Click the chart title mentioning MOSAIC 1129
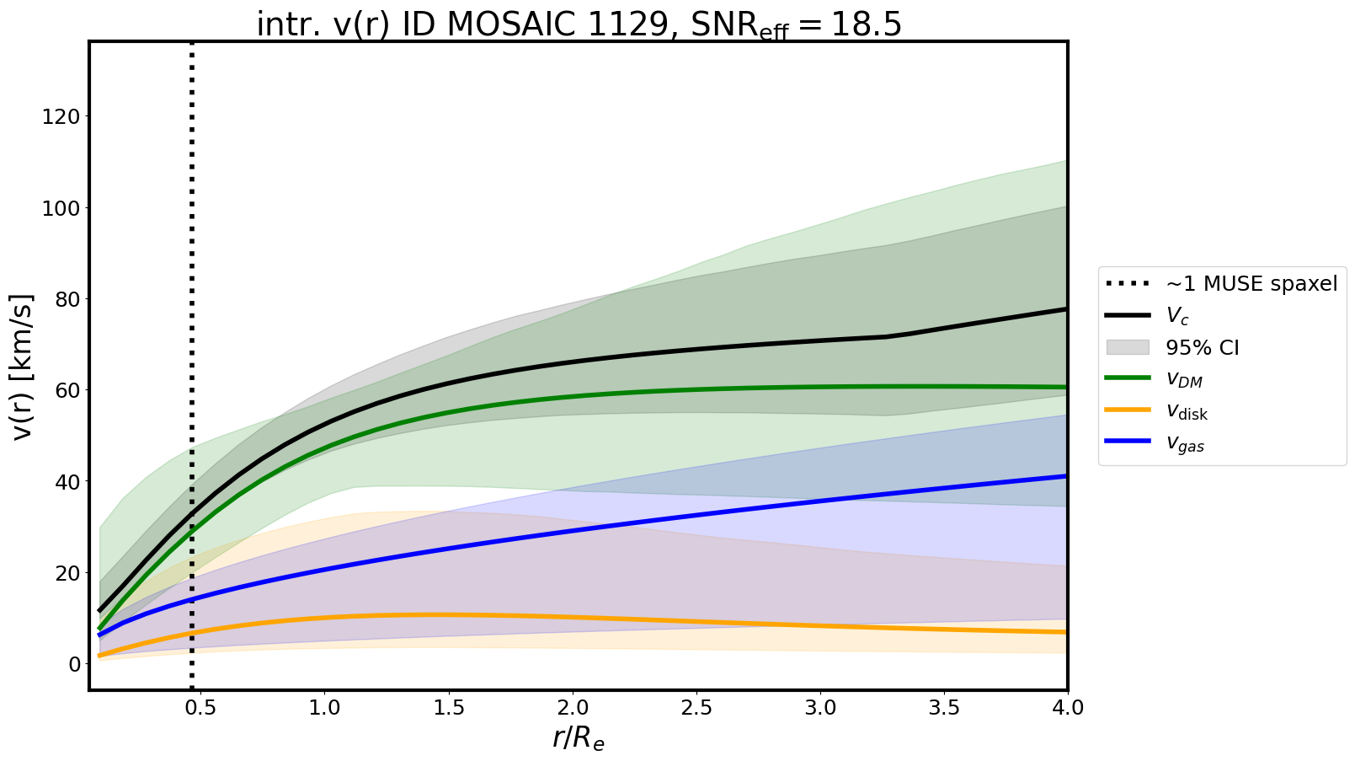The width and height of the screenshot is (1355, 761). (x=579, y=24)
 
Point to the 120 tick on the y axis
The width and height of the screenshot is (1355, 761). (x=66, y=116)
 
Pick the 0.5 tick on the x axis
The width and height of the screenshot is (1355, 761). (x=200, y=707)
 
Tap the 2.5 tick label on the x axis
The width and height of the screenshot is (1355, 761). (x=696, y=707)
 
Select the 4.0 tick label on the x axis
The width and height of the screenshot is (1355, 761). (x=1067, y=707)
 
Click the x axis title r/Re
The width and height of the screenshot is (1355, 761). (x=579, y=738)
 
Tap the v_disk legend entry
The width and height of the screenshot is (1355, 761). (x=1187, y=412)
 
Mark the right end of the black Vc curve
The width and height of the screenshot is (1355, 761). (x=1066, y=309)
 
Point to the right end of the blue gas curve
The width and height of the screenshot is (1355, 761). (x=1066, y=476)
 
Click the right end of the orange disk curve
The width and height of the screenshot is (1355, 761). (x=1066, y=632)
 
